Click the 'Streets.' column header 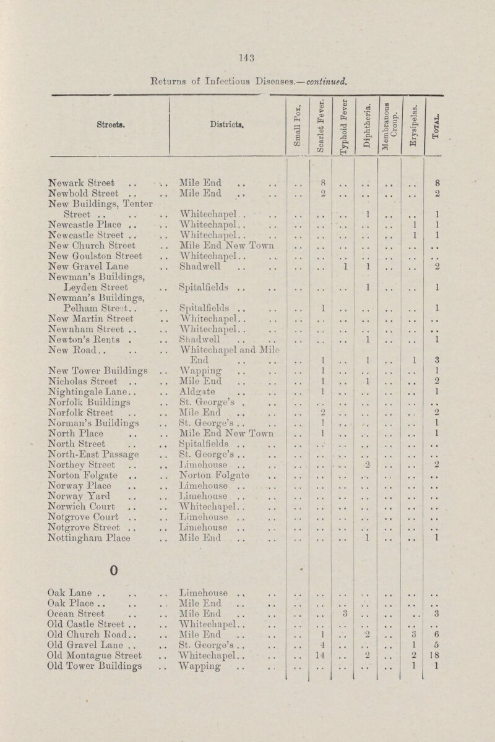[85, 132]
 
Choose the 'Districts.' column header [221, 132]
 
